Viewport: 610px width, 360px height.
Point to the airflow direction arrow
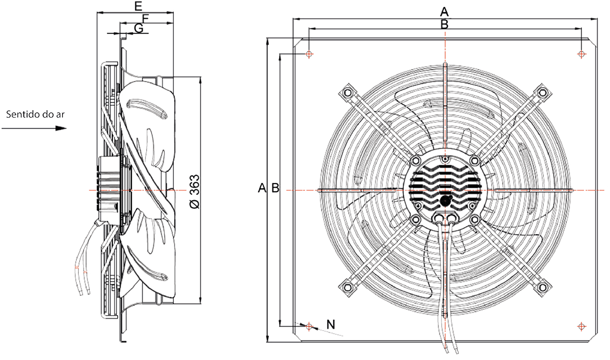[34, 128]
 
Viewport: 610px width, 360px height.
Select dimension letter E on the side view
[139, 6]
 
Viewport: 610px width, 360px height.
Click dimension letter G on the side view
[139, 28]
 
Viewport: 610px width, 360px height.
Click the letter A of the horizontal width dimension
[444, 11]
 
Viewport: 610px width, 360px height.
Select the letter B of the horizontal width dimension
[444, 24]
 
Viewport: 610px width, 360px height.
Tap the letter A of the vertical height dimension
[262, 188]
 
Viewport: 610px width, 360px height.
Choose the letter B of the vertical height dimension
[274, 188]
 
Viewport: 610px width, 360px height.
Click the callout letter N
[331, 324]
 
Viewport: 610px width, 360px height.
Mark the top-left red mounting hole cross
[308, 55]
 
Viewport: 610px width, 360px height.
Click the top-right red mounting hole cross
[581, 55]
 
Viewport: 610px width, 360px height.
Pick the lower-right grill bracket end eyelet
[541, 288]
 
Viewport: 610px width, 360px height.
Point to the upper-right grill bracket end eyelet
[541, 94]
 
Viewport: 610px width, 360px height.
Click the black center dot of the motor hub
[445, 199]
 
